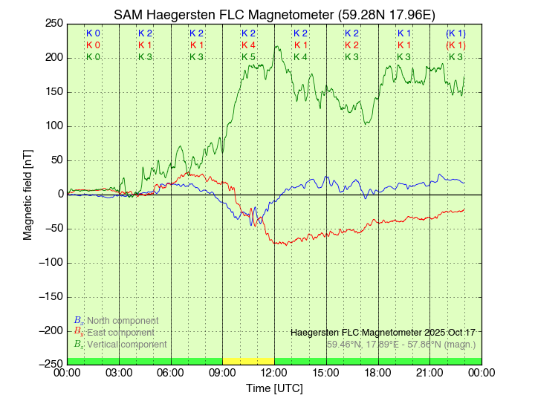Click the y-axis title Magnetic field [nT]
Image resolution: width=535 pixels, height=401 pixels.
[27, 194]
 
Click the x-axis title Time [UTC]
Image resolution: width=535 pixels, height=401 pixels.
[274, 388]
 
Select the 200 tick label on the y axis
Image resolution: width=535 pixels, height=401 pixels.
[52, 57]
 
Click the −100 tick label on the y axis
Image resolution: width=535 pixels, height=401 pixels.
[49, 262]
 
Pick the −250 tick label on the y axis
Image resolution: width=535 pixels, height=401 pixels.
[49, 364]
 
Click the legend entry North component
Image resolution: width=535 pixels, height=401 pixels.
[122, 320]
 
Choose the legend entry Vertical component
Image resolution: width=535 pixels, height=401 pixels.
[126, 344]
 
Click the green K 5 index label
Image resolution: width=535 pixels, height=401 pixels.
[248, 56]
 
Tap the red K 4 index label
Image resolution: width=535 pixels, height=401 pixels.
[248, 45]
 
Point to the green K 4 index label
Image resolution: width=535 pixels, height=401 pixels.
[300, 56]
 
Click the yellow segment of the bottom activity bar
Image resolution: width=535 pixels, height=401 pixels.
[248, 361]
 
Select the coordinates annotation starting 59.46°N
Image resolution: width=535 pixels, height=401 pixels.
[401, 344]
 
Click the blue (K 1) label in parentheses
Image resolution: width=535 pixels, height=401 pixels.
[455, 33]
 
